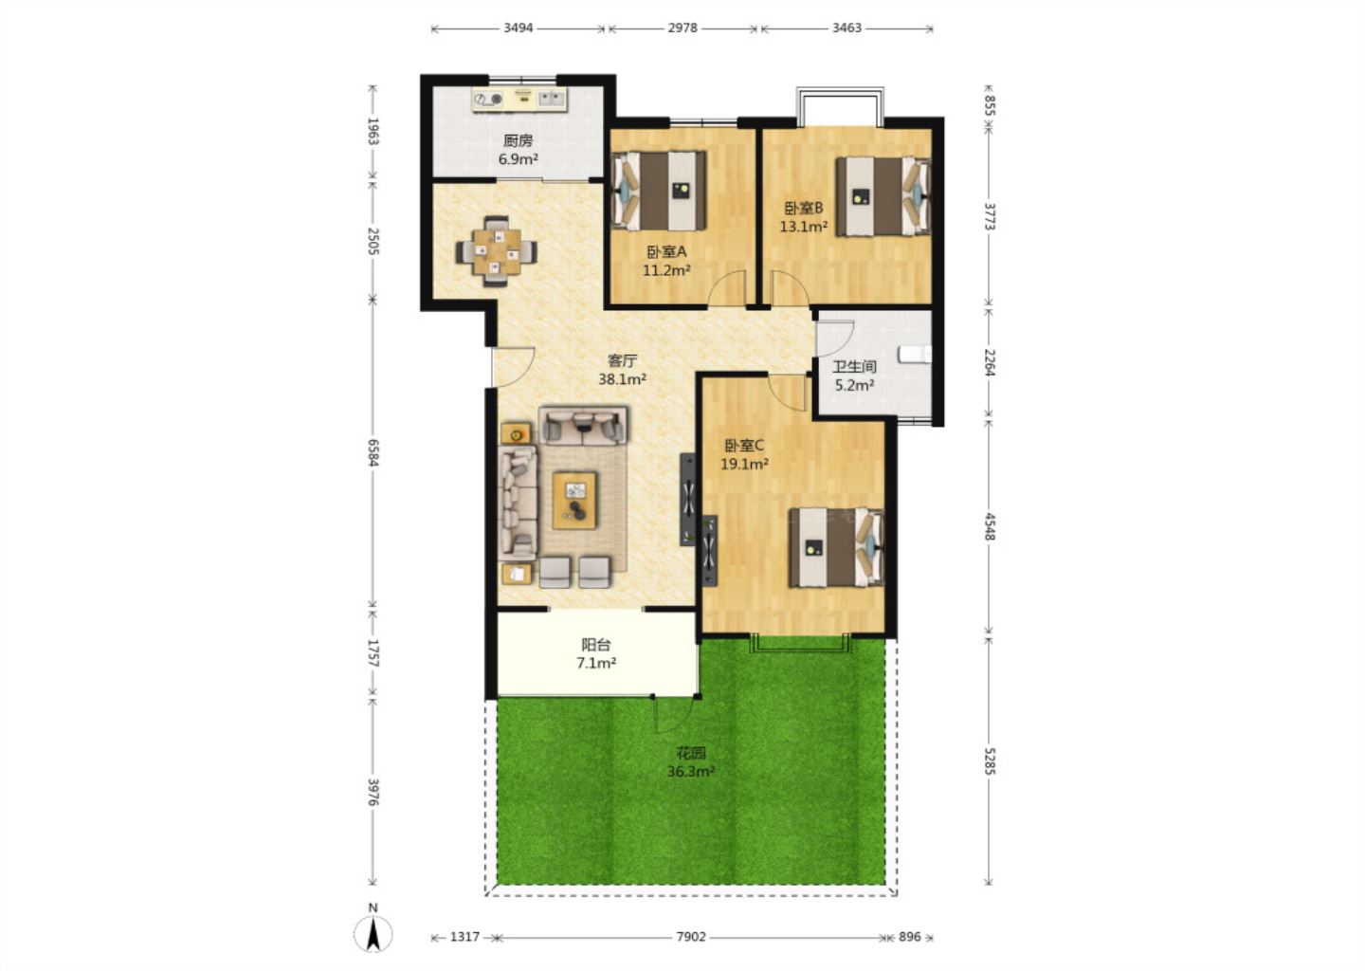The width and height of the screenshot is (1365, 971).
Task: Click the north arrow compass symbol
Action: point(373,933)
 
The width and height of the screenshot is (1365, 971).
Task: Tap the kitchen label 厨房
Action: point(518,141)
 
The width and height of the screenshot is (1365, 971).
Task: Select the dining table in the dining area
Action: point(497,251)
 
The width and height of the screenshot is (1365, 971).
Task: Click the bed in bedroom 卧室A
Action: point(659,191)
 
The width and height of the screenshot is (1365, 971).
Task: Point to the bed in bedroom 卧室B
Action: point(883,196)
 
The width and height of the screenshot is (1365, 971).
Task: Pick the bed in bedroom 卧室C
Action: point(836,547)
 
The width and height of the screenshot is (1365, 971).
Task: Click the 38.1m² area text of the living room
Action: point(622,379)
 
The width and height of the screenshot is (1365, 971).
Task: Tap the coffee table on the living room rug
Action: point(574,501)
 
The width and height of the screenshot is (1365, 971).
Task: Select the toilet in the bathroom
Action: point(915,354)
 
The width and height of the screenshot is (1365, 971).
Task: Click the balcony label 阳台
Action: point(596,645)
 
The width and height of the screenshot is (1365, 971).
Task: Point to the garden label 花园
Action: point(691,754)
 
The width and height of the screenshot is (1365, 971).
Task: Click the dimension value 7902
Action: point(691,936)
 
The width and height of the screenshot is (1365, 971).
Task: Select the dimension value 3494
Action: point(518,28)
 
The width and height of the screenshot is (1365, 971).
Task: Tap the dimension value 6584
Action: point(373,452)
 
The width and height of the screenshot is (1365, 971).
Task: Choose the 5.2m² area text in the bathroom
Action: point(854,385)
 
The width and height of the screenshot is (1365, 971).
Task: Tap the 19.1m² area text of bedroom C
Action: point(744,465)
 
